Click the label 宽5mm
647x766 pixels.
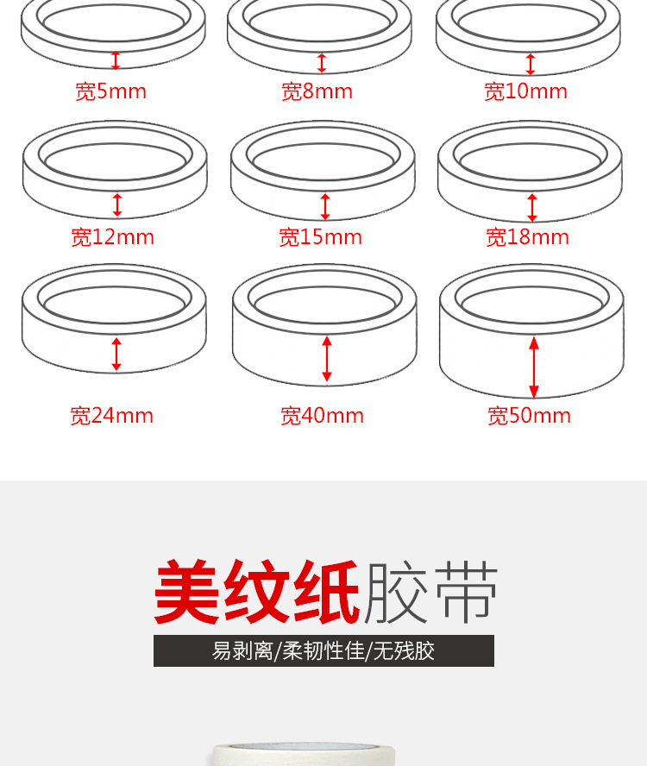pos(110,91)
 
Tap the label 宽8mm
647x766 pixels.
pos(317,91)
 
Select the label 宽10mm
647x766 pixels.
pos(525,91)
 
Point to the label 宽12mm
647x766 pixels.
pos(112,237)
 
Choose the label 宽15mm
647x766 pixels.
pos(320,237)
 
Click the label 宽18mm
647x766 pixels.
pos(527,237)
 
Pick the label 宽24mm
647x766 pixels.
pos(111,416)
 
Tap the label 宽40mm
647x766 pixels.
pos(322,416)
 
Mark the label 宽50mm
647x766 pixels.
pos(529,416)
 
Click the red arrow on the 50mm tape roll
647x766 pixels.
pos(533,367)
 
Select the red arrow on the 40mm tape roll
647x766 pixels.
pos(326,359)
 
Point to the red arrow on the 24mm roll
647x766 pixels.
pos(116,355)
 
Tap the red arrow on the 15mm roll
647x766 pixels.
pos(325,206)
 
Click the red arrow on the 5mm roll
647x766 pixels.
pos(116,60)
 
